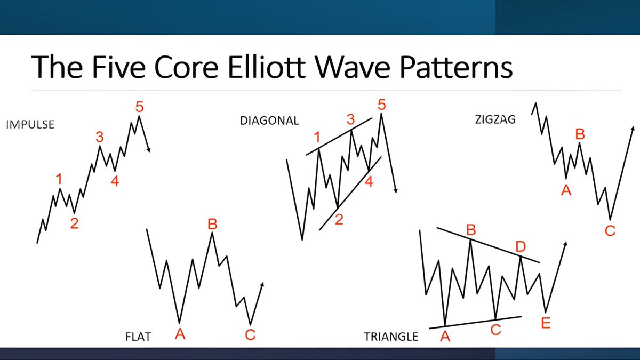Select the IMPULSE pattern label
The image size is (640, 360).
(30, 125)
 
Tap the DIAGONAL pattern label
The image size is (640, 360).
(269, 121)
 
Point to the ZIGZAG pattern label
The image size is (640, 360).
(495, 120)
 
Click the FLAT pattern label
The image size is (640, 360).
(138, 337)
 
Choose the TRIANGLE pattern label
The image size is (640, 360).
(391, 337)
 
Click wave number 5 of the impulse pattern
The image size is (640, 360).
(139, 107)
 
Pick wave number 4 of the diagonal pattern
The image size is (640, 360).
(369, 182)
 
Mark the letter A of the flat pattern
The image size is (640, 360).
(180, 334)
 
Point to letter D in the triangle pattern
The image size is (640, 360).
(521, 246)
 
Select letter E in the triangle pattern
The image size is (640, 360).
(545, 323)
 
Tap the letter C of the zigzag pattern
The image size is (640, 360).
(610, 231)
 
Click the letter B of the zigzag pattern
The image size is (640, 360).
(580, 134)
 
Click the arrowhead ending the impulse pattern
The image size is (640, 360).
(149, 150)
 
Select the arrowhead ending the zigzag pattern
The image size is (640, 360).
(633, 129)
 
